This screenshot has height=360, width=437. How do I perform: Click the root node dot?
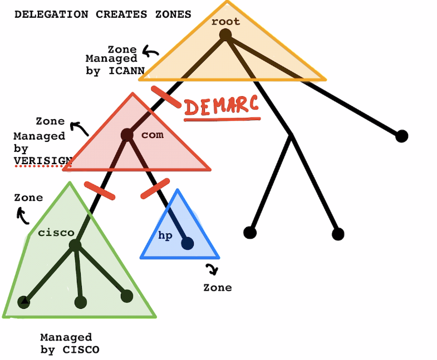(x=225, y=35)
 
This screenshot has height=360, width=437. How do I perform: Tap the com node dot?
(x=127, y=135)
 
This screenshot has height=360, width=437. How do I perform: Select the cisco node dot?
(x=75, y=245)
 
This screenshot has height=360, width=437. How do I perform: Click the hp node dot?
(x=187, y=243)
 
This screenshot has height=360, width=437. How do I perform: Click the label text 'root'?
(x=225, y=22)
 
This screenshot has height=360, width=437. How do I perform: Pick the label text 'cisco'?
(x=56, y=233)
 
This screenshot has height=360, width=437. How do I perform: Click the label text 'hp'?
(x=165, y=235)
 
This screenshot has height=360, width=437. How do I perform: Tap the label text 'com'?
(x=153, y=135)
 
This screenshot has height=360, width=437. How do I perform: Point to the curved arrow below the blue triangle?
(x=212, y=270)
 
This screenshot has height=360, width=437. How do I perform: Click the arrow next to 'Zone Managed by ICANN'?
(x=150, y=53)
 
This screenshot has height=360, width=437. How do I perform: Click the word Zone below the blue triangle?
(x=217, y=288)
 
